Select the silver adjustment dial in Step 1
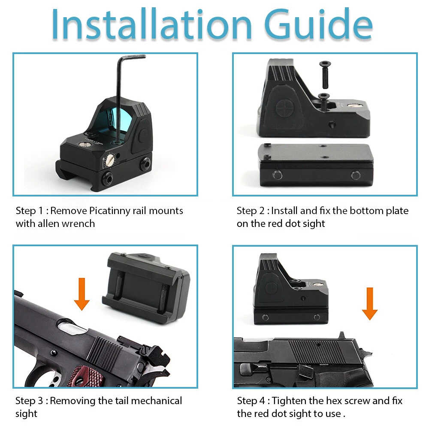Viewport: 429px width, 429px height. coord(111,160)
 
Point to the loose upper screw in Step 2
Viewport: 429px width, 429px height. coord(325,74)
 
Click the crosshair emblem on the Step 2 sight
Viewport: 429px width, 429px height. coord(284,108)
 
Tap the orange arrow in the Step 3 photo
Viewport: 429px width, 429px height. coord(82,294)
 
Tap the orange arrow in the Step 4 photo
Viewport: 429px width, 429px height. coord(370,303)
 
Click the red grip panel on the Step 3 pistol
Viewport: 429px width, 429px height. coord(86,376)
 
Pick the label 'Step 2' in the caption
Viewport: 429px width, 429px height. coord(251,211)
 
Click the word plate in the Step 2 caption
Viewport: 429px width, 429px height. coord(397,211)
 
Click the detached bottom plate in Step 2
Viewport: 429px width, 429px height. coord(315,165)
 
